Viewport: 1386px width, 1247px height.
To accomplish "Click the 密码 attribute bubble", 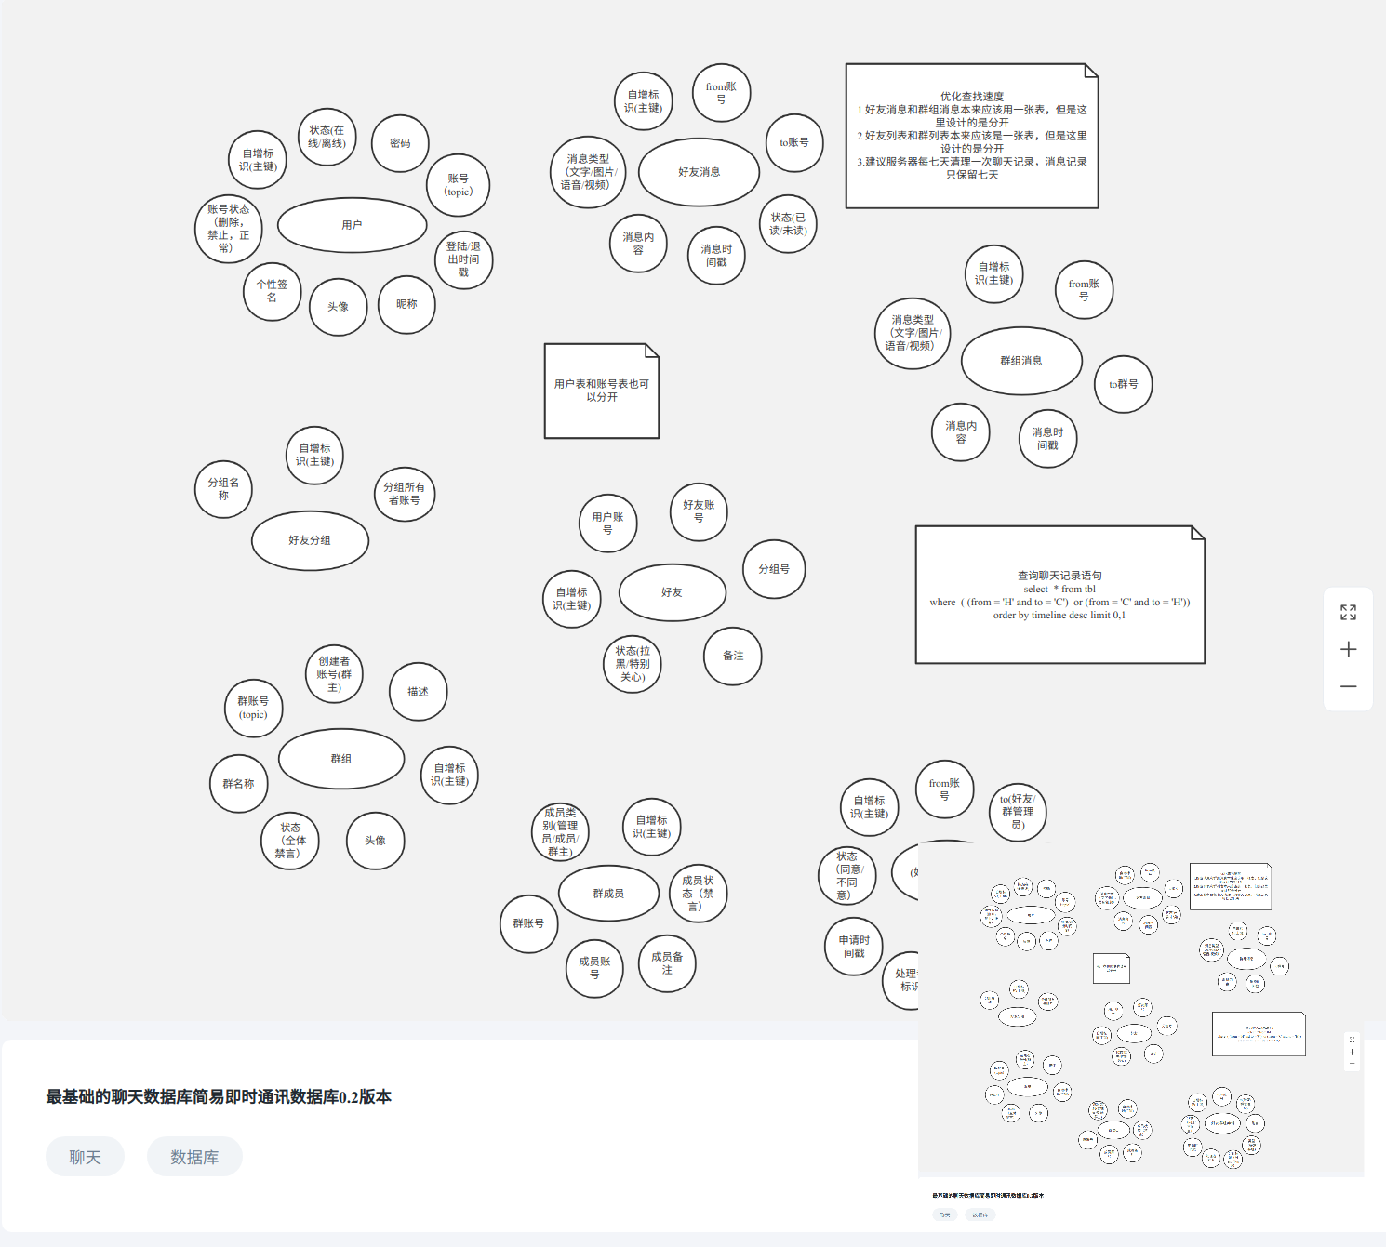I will coord(400,143).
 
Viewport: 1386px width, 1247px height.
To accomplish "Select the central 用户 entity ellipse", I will coord(352,225).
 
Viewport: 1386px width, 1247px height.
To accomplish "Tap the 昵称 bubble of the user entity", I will coord(406,304).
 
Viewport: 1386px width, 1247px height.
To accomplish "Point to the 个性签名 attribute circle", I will coord(272,291).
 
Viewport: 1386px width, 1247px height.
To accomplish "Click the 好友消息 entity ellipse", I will coord(699,172).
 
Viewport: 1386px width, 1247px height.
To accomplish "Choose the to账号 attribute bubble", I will coord(793,142).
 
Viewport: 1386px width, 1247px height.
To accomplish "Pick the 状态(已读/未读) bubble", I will coord(788,224).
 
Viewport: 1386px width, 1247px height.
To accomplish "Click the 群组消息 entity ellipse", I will coord(1020,361).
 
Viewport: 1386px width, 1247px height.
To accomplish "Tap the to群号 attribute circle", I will coord(1123,384).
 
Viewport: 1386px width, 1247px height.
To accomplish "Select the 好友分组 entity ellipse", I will coord(310,540).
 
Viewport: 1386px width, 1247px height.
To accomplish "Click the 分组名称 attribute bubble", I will coord(223,489).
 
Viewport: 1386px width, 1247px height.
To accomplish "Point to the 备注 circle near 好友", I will coord(733,656).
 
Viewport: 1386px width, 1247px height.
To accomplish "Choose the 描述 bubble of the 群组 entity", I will coord(418,692).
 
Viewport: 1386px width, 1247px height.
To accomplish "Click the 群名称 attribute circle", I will coord(238,784).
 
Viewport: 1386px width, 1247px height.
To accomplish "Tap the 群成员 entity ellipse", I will coord(608,894).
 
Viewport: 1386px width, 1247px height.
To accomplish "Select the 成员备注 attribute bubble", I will coord(667,963).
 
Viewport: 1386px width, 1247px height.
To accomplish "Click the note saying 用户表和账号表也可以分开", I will coord(602,391).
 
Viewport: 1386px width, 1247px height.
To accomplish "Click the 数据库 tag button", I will coord(194,1157).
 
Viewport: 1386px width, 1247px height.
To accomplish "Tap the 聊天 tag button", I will coord(85,1157).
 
